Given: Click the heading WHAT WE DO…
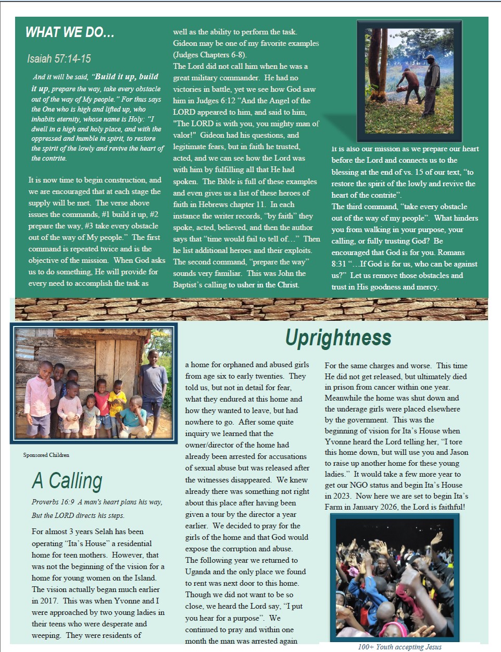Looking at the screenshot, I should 70,32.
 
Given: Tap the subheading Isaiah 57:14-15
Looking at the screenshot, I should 59,58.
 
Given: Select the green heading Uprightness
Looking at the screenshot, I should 338,338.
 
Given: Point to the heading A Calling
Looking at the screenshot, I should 67,481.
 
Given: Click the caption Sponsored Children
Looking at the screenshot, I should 46,455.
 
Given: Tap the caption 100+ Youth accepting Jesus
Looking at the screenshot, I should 399,647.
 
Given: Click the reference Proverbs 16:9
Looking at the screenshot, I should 53,502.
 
